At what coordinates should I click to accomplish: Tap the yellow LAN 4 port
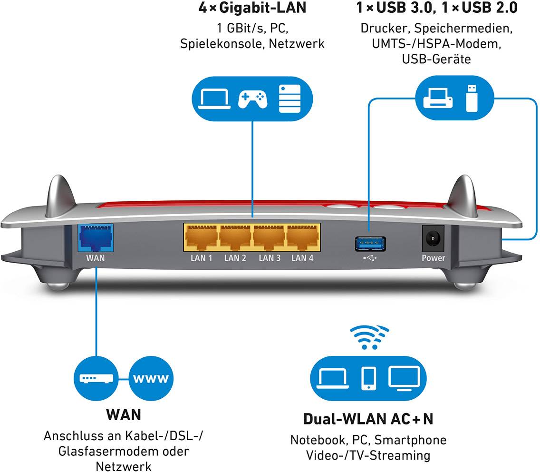302,237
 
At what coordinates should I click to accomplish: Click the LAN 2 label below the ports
235,258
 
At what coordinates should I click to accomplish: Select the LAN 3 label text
269,258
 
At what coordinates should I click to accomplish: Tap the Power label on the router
434,258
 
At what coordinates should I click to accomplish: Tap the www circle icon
151,379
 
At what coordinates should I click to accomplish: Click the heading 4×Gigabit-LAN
252,8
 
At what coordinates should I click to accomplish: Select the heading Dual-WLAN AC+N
368,419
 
